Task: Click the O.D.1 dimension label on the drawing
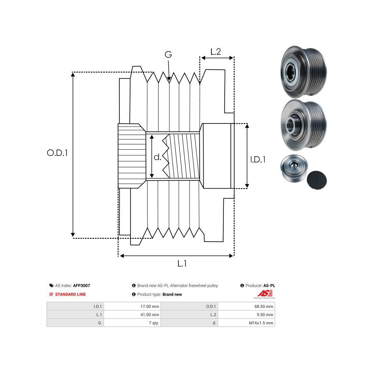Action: coord(57,153)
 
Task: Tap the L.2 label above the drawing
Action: coord(216,52)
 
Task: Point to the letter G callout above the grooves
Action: coord(168,55)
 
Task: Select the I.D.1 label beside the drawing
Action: coord(258,159)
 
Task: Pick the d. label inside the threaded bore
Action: coord(157,157)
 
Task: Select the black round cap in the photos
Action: coord(317,179)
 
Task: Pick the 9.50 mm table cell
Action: coord(266,315)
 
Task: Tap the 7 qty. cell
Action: coord(154,323)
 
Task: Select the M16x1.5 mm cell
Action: coord(261,323)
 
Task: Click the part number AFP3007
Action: coord(82,286)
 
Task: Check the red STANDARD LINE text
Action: coord(70,294)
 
